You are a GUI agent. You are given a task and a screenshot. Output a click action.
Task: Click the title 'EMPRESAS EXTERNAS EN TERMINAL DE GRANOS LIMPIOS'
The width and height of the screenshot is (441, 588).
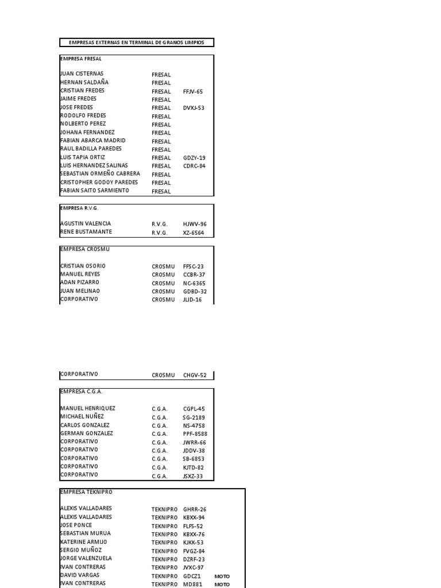pyautogui.click(x=136, y=42)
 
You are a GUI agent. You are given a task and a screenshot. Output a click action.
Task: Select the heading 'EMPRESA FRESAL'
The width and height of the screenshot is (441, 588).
pyautogui.click(x=81, y=59)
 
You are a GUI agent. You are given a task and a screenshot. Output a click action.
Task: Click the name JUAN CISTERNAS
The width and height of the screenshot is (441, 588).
pyautogui.click(x=82, y=74)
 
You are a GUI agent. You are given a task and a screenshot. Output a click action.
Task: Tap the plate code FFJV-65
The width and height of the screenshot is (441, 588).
pyautogui.click(x=193, y=91)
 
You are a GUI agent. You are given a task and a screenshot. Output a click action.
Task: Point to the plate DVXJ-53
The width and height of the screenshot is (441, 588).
pyautogui.click(x=194, y=108)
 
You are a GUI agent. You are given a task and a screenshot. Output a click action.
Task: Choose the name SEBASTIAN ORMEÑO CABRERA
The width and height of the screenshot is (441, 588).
pyautogui.click(x=99, y=174)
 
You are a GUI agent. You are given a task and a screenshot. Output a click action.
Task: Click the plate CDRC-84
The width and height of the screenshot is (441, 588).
pyautogui.click(x=194, y=166)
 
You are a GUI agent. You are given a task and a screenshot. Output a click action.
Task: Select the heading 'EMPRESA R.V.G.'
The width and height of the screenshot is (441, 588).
pyautogui.click(x=79, y=208)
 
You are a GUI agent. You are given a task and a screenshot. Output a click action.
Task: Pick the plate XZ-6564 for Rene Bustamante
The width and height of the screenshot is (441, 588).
pyautogui.click(x=194, y=233)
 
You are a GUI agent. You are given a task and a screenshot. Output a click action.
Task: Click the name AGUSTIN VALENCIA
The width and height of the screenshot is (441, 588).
pyautogui.click(x=86, y=224)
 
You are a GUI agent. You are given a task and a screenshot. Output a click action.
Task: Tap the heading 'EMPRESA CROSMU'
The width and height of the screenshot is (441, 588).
pyautogui.click(x=84, y=250)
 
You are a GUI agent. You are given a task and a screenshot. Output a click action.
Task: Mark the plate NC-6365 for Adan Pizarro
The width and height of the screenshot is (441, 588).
pyautogui.click(x=194, y=283)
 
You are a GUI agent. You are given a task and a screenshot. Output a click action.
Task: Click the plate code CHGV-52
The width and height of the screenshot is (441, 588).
pyautogui.click(x=195, y=376)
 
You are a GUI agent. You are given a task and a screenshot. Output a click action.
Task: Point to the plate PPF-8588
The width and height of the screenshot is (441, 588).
pyautogui.click(x=195, y=434)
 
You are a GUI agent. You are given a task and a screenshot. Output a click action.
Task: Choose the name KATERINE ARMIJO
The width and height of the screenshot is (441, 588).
pyautogui.click(x=83, y=542)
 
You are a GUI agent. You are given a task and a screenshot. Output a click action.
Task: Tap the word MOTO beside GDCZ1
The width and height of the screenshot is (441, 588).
pyautogui.click(x=222, y=576)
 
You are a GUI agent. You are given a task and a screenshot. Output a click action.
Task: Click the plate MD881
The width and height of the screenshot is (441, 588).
pyautogui.click(x=192, y=585)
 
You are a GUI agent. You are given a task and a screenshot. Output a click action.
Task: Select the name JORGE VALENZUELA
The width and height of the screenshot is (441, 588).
pyautogui.click(x=86, y=559)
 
